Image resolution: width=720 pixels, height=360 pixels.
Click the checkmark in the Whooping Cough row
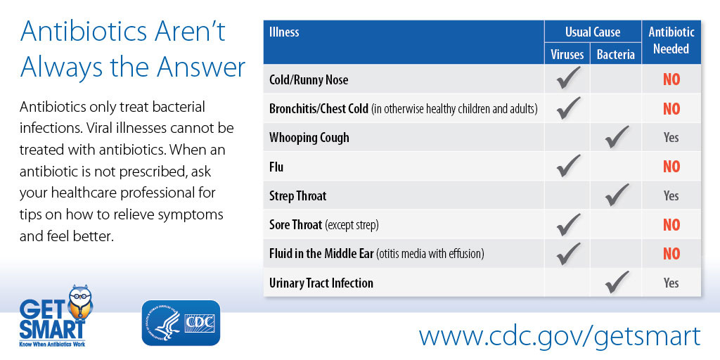(x=617, y=137)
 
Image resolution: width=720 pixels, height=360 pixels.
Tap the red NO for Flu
(x=671, y=167)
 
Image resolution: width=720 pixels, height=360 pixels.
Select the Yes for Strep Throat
(x=671, y=195)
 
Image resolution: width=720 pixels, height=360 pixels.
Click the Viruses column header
(x=567, y=55)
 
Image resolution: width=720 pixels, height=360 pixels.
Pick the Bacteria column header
(x=616, y=55)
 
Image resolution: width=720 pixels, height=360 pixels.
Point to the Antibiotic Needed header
(x=671, y=40)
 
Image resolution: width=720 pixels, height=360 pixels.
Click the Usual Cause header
(x=593, y=32)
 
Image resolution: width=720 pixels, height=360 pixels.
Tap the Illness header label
(x=284, y=32)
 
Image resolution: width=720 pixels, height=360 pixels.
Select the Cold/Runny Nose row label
(x=309, y=80)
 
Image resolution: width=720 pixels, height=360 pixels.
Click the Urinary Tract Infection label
(x=321, y=283)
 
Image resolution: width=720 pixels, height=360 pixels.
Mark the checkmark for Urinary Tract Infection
(x=617, y=282)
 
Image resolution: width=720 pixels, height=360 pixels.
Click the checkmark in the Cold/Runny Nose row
(x=568, y=77)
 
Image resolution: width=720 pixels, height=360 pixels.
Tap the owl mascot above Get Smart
(x=80, y=302)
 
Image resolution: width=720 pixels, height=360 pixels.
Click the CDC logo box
(x=181, y=322)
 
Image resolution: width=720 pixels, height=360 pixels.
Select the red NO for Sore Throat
(x=671, y=225)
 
